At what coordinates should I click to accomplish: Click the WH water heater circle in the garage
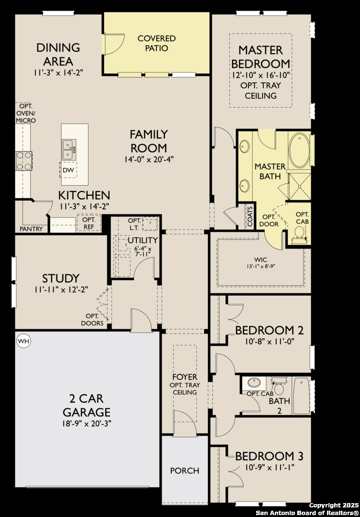23,341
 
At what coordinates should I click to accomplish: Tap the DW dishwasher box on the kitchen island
68,170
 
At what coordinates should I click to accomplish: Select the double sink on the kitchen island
69,149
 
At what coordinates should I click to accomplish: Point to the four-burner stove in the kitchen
24,160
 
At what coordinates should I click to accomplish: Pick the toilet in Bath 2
279,387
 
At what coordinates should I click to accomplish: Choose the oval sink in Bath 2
255,383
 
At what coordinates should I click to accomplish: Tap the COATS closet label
250,217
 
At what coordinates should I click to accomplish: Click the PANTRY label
31,228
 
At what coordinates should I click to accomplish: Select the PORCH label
185,471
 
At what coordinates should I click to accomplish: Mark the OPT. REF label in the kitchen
89,223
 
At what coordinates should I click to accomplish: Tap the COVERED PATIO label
157,43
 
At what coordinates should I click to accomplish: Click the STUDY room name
61,278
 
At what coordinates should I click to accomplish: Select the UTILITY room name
143,240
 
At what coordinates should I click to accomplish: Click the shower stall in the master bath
299,186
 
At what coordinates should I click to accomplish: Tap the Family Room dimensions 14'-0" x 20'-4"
149,159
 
